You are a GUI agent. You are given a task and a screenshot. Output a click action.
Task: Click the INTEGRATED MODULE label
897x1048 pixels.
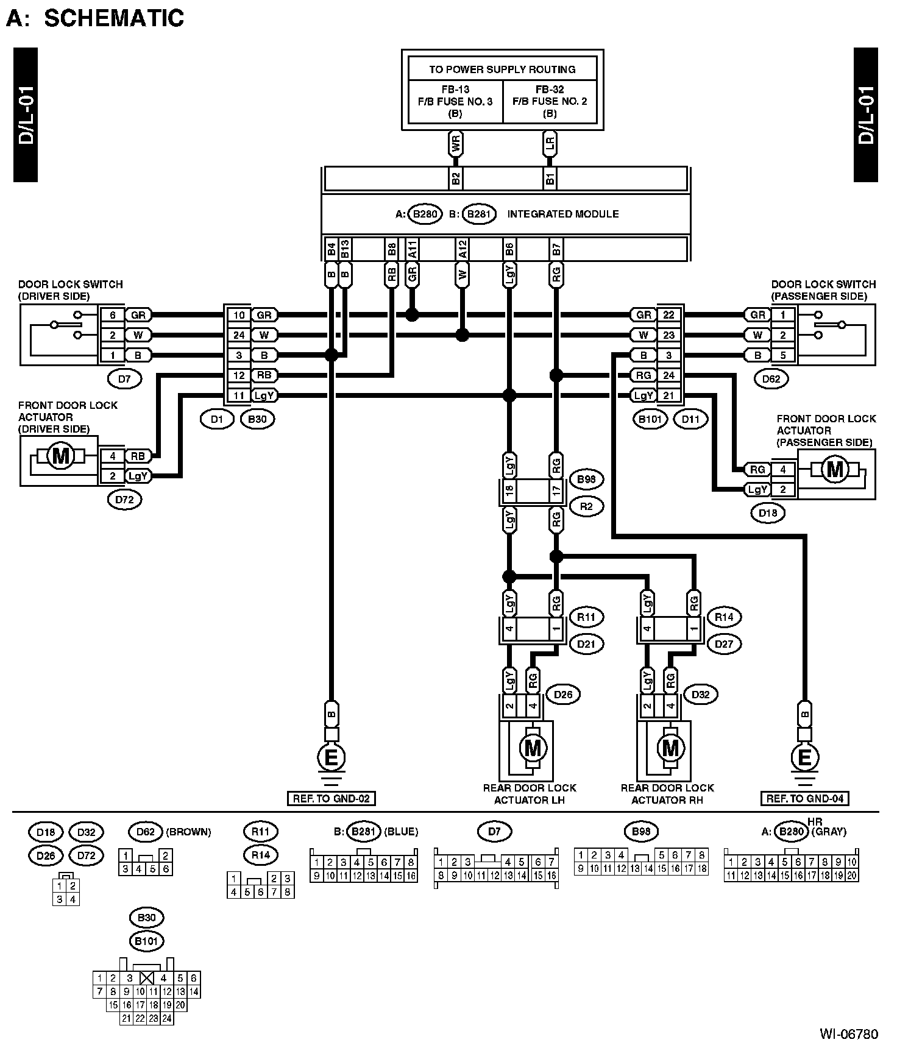tap(562, 214)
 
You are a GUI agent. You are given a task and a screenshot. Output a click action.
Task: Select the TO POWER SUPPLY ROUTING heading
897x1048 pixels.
tap(502, 69)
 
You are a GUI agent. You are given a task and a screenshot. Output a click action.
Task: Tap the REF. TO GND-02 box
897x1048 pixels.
tap(331, 798)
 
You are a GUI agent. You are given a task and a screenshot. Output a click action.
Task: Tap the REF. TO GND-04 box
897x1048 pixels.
tap(804, 798)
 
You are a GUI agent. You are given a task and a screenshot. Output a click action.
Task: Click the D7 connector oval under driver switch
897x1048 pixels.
tap(124, 379)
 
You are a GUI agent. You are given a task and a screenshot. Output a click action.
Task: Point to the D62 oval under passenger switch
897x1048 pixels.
tap(771, 379)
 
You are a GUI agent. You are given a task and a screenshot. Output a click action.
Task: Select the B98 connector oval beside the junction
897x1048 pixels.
tap(586, 480)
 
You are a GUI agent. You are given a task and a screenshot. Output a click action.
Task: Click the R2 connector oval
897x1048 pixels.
tap(586, 506)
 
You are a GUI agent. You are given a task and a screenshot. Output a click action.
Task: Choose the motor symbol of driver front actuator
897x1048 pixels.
tap(60, 456)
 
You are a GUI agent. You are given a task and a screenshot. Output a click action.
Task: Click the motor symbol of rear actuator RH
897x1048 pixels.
tap(670, 747)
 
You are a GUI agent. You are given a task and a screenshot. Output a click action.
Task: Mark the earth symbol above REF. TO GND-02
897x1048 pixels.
tap(331, 760)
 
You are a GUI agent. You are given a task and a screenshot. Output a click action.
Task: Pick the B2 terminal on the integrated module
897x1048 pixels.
tap(455, 179)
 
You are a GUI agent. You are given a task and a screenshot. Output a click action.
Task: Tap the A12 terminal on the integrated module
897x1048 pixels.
tap(462, 249)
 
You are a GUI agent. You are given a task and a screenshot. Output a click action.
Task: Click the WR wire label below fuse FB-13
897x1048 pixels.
tap(455, 144)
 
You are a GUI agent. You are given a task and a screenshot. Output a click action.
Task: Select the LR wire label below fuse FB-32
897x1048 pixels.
tap(550, 144)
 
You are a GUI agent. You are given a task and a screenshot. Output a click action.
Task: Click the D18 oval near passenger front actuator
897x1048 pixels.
tap(768, 513)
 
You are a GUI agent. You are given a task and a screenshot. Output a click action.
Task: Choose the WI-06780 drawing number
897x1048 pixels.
tap(849, 1034)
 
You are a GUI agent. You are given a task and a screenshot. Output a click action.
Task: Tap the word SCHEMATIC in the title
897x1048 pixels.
tap(114, 18)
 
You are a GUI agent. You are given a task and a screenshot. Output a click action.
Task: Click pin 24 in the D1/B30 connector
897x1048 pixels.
tap(239, 335)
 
